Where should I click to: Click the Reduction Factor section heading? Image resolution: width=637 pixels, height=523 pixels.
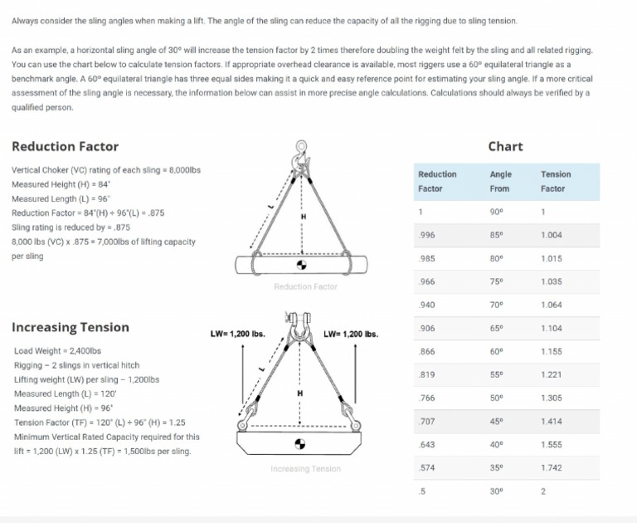65,147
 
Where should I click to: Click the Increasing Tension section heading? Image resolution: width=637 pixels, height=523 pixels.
71,327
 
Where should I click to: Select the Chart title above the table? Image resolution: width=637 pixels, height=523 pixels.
505,146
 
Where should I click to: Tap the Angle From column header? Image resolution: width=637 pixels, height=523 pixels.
500,181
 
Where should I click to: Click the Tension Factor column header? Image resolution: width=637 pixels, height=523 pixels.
555,181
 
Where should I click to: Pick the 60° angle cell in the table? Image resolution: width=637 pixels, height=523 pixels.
497,352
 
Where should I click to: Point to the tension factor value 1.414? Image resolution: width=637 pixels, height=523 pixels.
551,422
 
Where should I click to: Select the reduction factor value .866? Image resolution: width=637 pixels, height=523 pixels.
427,352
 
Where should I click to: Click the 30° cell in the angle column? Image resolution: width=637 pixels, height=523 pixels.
497,491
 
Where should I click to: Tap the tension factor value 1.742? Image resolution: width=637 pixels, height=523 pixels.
551,468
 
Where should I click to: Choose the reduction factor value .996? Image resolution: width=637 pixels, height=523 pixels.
427,236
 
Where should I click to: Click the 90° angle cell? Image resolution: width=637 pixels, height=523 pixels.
497,212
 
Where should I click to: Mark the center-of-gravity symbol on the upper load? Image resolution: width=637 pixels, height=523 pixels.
301,266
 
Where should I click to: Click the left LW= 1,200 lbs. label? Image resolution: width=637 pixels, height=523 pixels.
238,335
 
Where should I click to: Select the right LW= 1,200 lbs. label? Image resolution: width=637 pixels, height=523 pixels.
351,335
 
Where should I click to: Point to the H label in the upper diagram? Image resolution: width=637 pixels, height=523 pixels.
304,216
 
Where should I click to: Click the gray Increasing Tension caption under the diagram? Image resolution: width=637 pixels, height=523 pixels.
305,469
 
